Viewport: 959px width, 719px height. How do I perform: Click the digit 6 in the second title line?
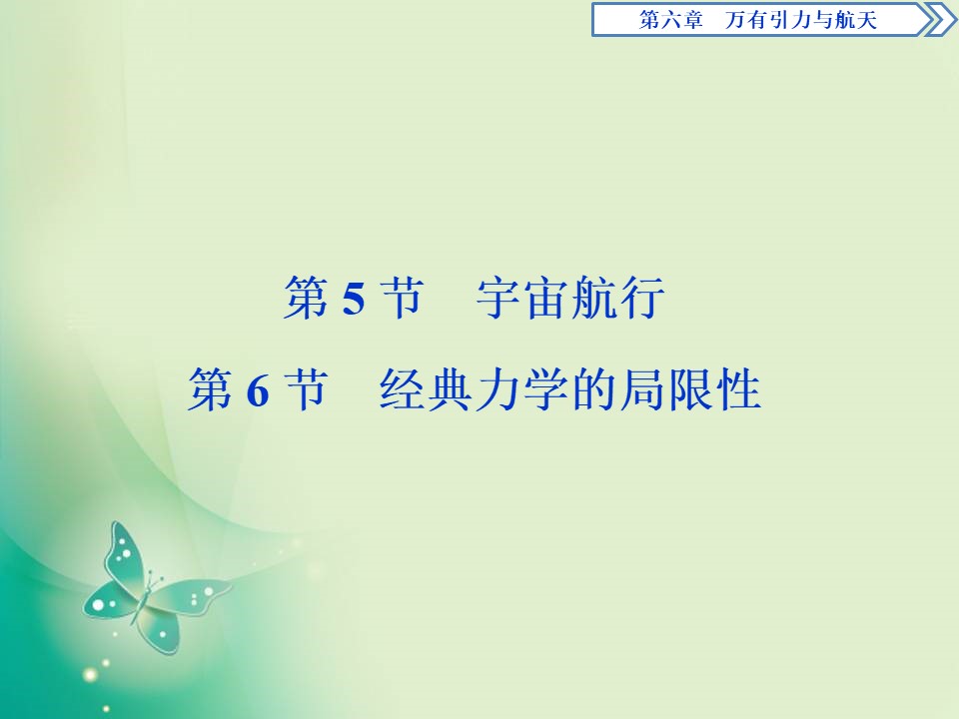[257, 391]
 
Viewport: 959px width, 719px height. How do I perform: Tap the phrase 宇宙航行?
[570, 299]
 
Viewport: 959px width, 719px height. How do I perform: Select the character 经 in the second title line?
[404, 390]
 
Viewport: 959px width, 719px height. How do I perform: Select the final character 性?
[739, 390]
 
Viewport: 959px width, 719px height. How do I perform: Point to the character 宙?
[546, 299]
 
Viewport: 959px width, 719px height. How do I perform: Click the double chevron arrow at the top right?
[936, 20]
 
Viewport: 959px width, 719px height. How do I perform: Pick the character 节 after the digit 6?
[306, 390]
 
